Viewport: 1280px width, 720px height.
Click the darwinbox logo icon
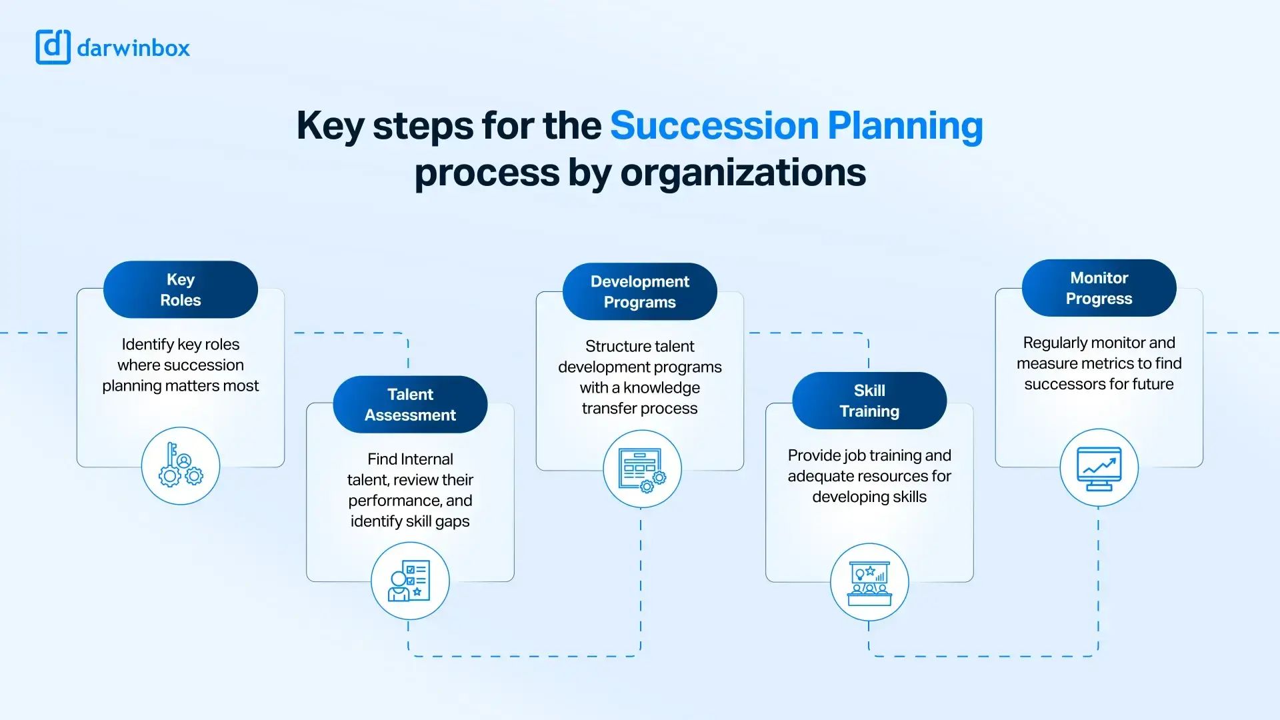[x=53, y=47]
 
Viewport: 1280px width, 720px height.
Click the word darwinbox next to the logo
[x=133, y=48]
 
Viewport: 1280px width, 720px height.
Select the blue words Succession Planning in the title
[x=796, y=125]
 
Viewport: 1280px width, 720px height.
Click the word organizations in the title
[x=743, y=173]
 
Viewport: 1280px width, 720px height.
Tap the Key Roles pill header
[x=181, y=289]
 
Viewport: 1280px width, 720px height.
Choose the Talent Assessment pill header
[x=410, y=405]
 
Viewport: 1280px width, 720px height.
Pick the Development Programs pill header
[x=639, y=291]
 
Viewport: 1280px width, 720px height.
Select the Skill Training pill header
[x=869, y=401]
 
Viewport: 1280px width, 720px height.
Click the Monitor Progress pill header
[x=1099, y=288]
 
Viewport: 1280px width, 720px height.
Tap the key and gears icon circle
[x=181, y=466]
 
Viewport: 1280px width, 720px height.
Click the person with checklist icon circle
[x=410, y=581]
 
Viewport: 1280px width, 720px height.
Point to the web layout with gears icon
[x=642, y=469]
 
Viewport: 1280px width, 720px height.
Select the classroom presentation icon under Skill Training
[x=869, y=582]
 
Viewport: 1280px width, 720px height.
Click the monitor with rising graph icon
[x=1099, y=467]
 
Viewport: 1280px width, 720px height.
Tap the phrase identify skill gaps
[x=410, y=521]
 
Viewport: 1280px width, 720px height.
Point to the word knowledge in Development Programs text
[x=661, y=388]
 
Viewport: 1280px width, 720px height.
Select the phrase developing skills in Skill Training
[x=869, y=497]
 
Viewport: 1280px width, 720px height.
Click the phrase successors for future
[x=1099, y=385]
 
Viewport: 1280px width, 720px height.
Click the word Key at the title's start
[x=330, y=127]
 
